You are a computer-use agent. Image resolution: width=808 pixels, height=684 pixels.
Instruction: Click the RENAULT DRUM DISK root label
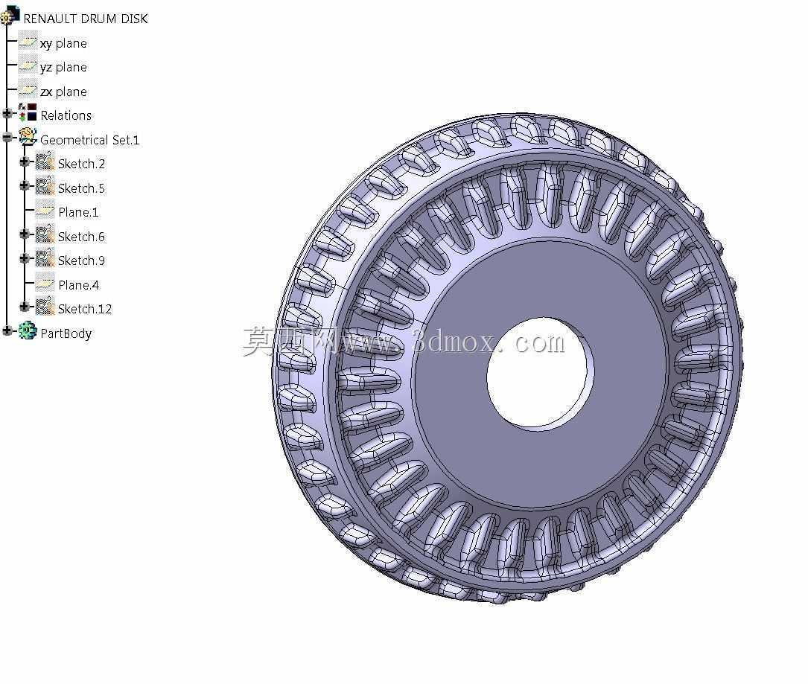pyautogui.click(x=86, y=19)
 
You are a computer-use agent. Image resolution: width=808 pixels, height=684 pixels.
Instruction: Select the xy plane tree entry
pyautogui.click(x=63, y=43)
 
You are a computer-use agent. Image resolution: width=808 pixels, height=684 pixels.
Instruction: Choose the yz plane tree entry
pyautogui.click(x=63, y=68)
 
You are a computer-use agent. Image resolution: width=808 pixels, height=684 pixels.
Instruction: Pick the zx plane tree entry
pyautogui.click(x=63, y=92)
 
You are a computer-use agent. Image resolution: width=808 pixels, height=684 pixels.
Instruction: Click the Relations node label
pyautogui.click(x=66, y=115)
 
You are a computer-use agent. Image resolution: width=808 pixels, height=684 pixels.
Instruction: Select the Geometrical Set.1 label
pyautogui.click(x=89, y=140)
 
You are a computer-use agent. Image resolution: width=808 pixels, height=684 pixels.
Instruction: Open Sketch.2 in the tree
pyautogui.click(x=81, y=164)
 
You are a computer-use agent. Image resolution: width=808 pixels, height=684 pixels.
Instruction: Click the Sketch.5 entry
pyautogui.click(x=81, y=188)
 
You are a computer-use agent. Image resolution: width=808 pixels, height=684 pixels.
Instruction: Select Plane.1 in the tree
pyautogui.click(x=78, y=212)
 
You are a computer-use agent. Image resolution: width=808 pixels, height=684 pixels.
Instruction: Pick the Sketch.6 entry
pyautogui.click(x=81, y=237)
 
